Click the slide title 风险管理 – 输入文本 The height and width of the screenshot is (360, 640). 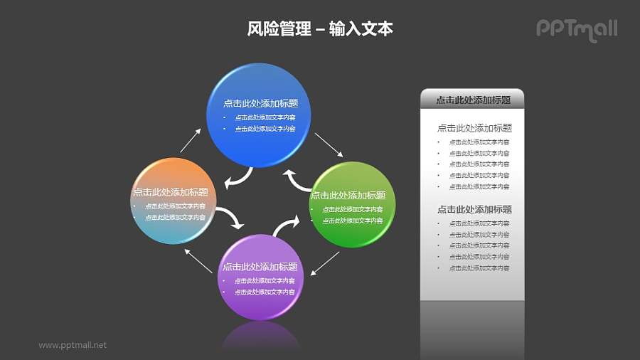pos(320,29)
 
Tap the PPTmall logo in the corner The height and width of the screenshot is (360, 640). pos(576,29)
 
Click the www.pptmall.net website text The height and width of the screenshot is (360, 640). pos(73,345)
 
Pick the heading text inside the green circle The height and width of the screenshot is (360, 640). pos(348,195)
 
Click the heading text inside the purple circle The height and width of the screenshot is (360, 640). pos(260,267)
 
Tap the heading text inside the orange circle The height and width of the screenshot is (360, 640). pos(171,192)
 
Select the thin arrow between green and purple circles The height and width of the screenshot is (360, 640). pos(324,263)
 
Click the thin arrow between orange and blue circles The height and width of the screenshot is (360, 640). pos(191,140)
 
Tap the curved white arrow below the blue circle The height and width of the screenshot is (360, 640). pos(239,179)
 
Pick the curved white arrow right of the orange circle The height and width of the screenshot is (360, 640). pos(229,218)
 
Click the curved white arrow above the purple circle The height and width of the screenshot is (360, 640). pos(286,226)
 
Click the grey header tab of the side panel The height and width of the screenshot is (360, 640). pos(472,100)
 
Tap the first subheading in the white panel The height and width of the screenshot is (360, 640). pos(474,128)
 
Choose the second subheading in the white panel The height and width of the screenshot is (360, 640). pos(474,209)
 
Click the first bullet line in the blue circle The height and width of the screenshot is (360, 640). pos(265,117)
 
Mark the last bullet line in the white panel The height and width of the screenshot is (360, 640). pos(479,268)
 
